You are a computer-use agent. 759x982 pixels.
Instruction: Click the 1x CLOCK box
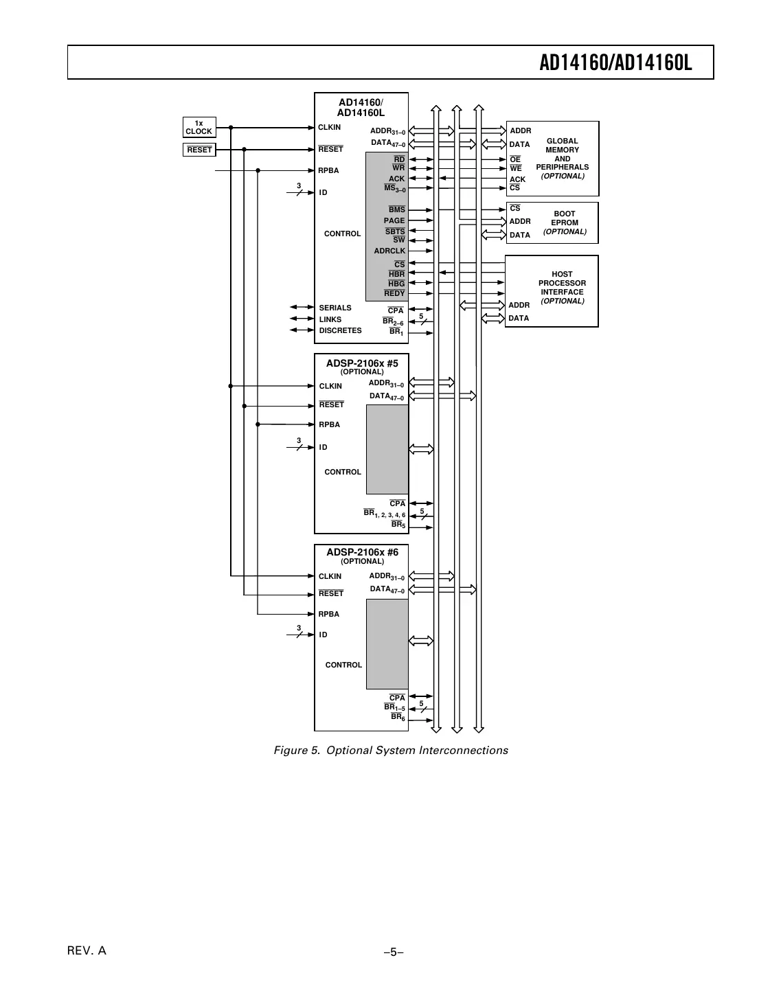(199, 127)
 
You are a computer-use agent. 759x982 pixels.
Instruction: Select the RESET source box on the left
(199, 150)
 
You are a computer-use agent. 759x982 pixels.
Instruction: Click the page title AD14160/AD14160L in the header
(615, 63)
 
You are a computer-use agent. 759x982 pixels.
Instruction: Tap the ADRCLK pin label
(389, 251)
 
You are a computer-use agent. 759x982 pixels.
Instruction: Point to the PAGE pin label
(394, 221)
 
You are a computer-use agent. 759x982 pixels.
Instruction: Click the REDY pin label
(394, 294)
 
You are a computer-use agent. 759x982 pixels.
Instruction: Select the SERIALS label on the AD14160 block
(335, 308)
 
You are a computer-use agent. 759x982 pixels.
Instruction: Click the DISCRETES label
(340, 331)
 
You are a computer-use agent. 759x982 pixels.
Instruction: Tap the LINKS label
(330, 320)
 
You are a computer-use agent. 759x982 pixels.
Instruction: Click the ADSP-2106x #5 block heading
(362, 363)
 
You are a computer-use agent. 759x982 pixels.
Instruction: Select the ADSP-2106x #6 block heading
(362, 553)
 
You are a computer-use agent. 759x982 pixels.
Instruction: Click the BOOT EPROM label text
(565, 218)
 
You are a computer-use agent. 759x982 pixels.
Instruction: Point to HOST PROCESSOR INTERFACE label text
(562, 283)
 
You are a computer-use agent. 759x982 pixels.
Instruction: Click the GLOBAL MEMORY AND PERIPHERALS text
(562, 155)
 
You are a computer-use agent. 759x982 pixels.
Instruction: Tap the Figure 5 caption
(391, 751)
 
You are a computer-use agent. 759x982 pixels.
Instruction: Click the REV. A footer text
(87, 951)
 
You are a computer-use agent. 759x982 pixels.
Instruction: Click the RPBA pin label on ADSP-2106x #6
(329, 615)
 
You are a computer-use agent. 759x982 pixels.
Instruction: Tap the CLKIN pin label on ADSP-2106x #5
(330, 387)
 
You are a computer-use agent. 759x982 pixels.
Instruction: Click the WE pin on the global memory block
(515, 169)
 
